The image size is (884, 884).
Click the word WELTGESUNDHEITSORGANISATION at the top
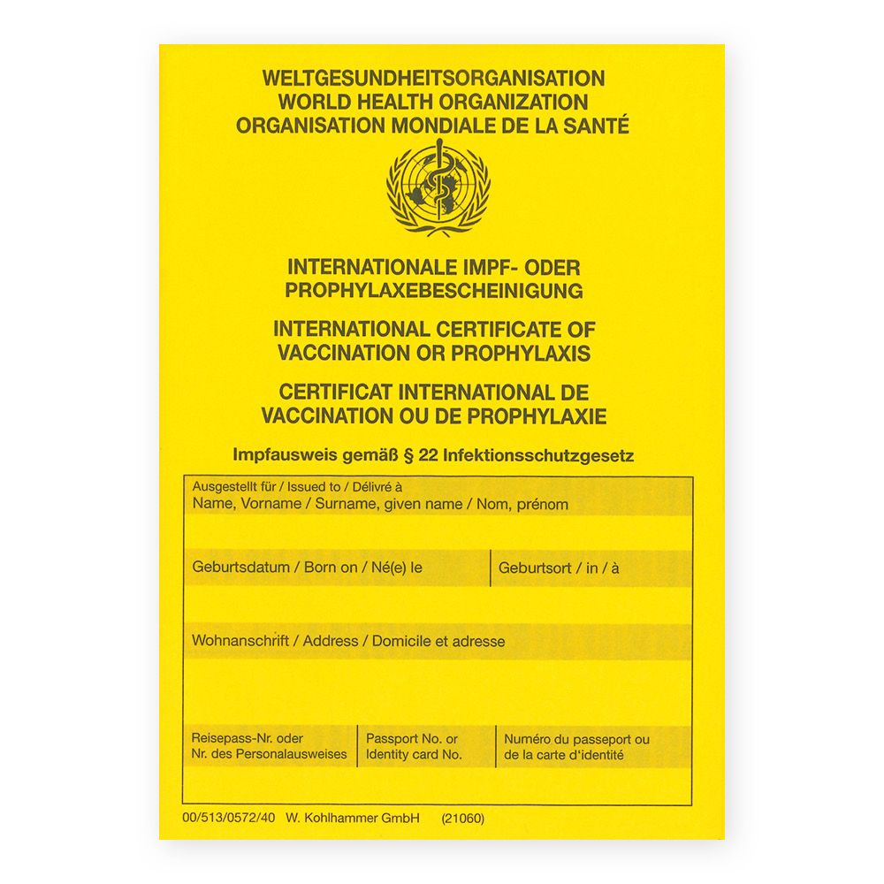click(x=433, y=79)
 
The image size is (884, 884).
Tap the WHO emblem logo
click(x=438, y=187)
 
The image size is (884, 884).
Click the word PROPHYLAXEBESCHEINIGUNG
click(x=433, y=290)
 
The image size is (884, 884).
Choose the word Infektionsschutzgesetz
click(x=539, y=456)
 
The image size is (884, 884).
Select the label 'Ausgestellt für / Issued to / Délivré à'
click(x=297, y=487)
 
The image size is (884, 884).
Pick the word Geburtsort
click(x=535, y=568)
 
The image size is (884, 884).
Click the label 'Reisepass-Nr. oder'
click(x=248, y=739)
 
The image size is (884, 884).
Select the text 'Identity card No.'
click(x=414, y=755)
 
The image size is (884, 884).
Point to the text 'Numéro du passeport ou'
click(x=576, y=739)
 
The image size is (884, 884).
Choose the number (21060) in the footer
click(x=462, y=819)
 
